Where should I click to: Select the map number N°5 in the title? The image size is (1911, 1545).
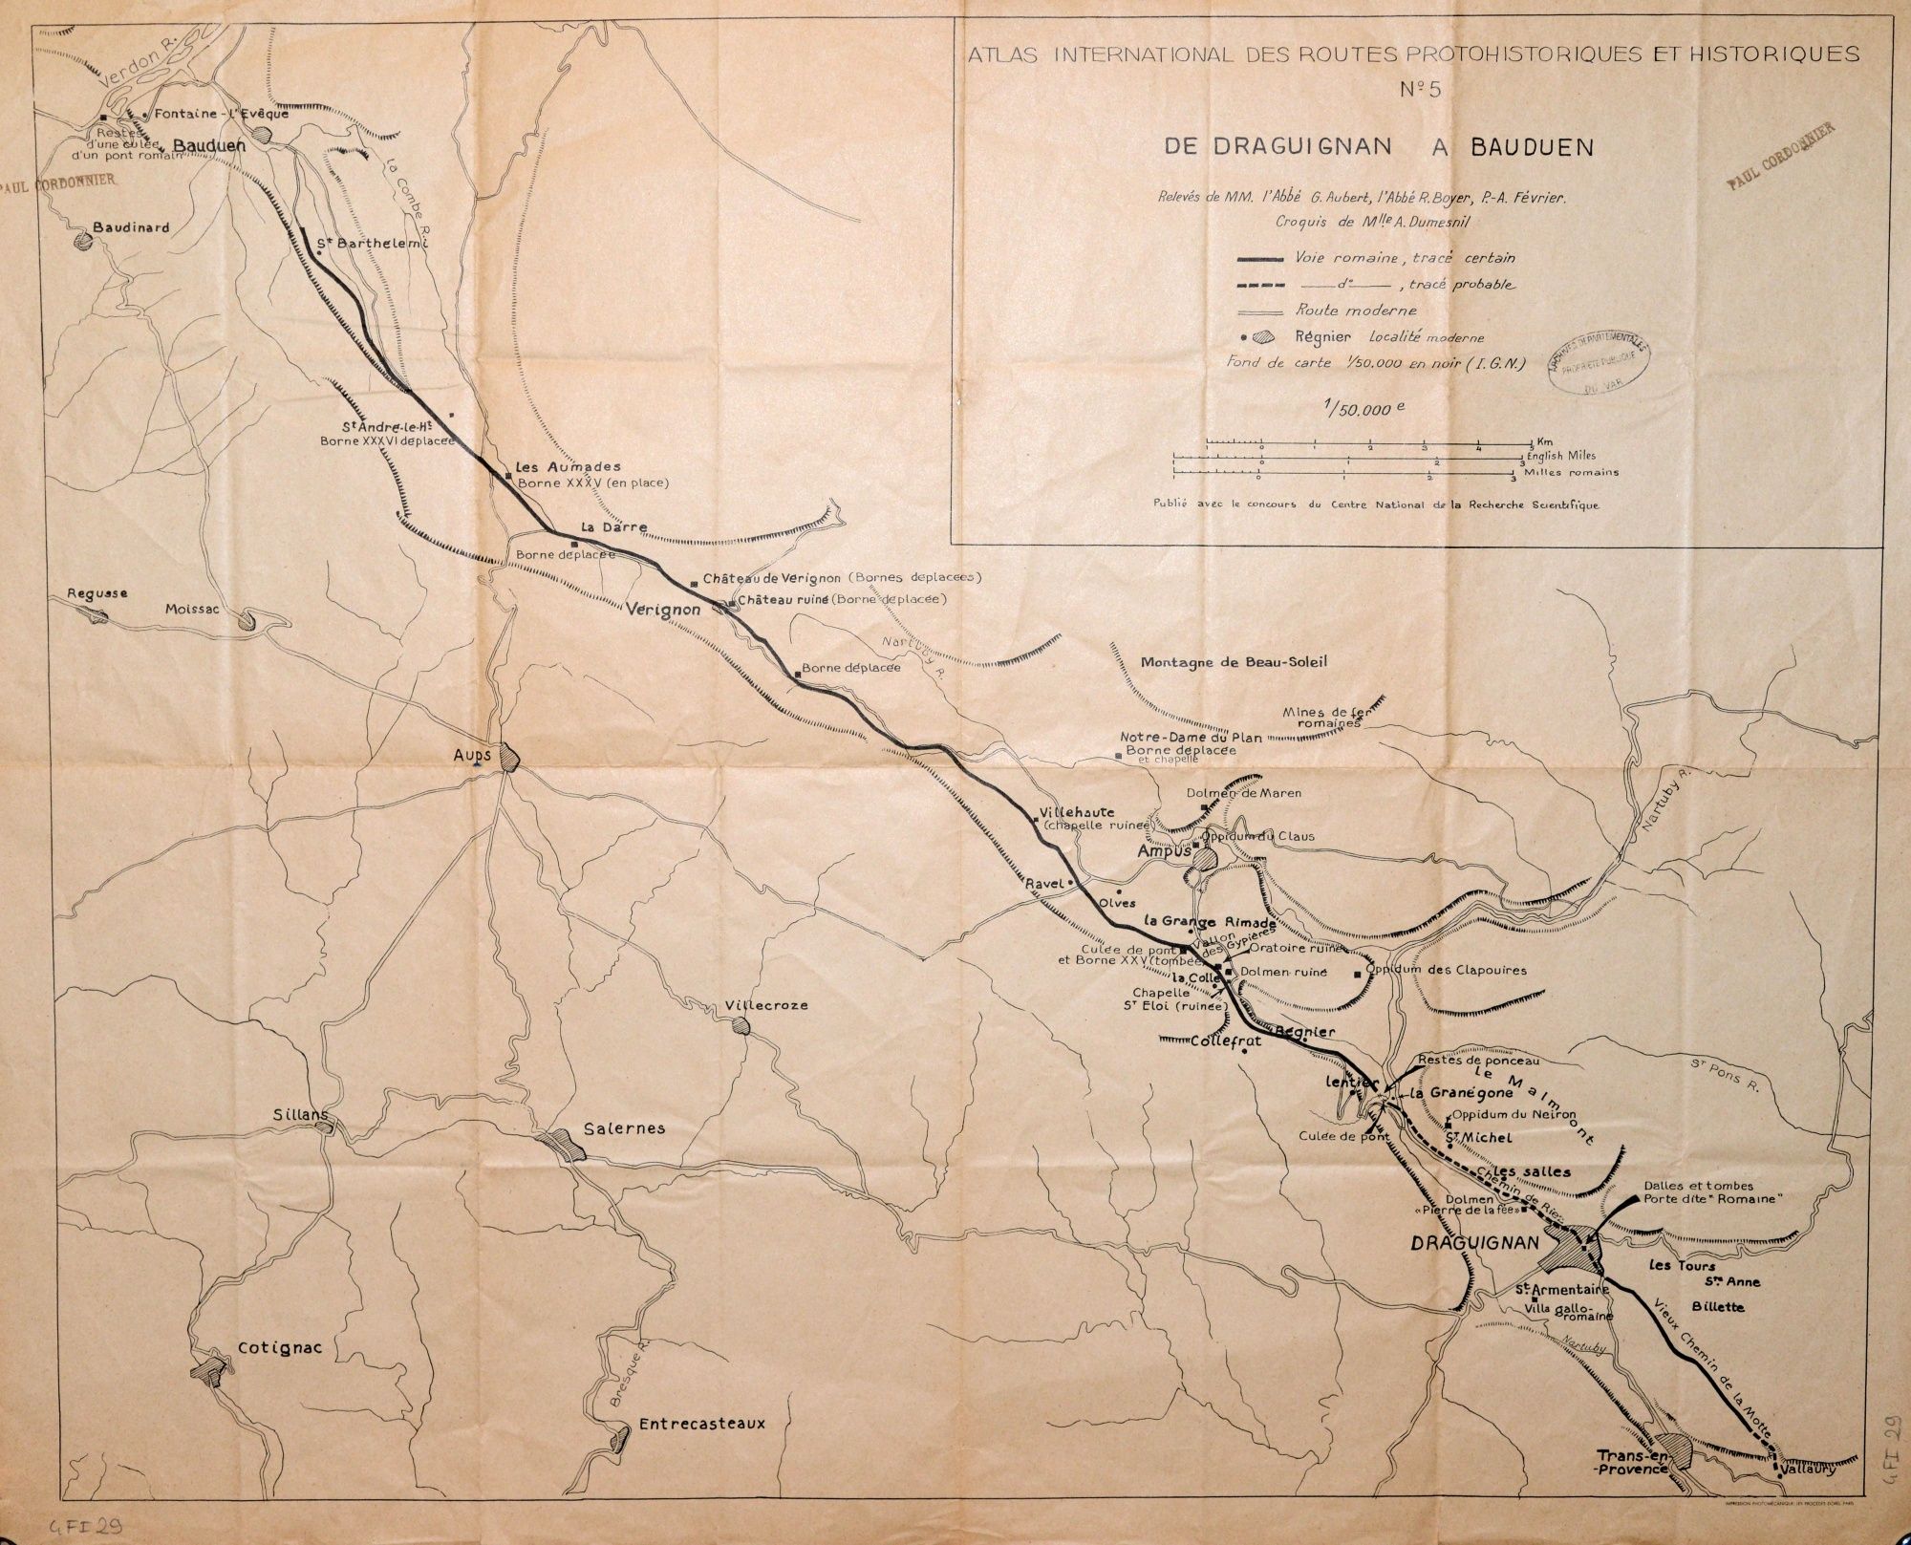[x=1421, y=91]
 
